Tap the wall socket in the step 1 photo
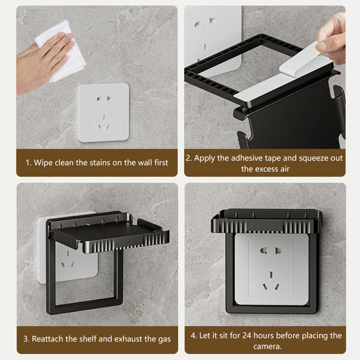[103, 112]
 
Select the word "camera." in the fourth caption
[267, 346]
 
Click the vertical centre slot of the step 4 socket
[271, 274]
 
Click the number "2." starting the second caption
[189, 158]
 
